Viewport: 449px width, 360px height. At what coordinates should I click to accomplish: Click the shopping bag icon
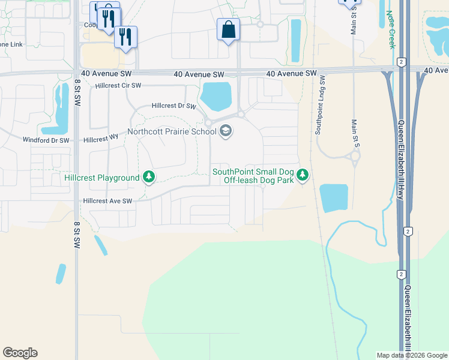228,29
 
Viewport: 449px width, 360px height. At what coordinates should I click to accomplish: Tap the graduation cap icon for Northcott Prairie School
226,131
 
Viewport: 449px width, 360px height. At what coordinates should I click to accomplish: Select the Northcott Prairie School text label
172,131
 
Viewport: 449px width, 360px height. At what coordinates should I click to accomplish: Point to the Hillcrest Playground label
102,178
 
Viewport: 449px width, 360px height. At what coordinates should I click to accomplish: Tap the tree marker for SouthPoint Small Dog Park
304,175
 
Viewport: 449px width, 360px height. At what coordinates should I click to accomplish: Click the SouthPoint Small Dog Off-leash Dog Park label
254,176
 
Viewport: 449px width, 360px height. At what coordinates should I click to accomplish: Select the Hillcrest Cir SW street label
118,86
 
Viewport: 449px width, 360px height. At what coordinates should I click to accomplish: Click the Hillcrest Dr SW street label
174,106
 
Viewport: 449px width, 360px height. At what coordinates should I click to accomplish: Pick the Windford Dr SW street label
46,140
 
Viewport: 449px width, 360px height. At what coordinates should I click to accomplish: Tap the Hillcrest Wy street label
101,139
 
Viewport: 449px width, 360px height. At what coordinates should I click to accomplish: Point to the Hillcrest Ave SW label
107,202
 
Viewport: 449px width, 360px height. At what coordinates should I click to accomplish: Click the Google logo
20,353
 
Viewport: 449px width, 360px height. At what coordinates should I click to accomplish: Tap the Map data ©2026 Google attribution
411,355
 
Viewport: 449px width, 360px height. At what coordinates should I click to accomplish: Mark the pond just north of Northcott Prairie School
216,95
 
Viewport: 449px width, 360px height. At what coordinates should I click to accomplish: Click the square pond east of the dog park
334,198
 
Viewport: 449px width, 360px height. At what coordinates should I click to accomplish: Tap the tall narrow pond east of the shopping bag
295,40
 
